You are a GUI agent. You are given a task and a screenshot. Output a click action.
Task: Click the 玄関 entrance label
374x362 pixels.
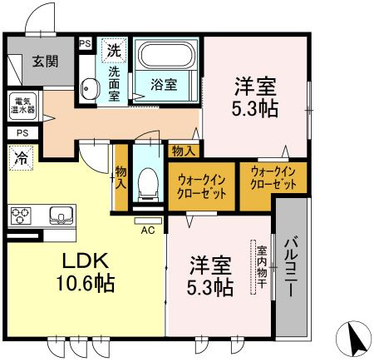coord(45,61)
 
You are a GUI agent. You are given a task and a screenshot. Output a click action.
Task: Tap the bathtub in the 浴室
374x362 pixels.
coord(166,54)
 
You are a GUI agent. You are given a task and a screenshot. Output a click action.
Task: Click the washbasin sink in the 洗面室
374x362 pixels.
coord(90,88)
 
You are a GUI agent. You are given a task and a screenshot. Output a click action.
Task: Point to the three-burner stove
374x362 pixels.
coord(21,216)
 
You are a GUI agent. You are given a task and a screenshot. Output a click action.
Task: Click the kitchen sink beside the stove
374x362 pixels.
coord(62,216)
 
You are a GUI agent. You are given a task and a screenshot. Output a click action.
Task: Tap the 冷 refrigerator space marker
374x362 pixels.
coord(21,157)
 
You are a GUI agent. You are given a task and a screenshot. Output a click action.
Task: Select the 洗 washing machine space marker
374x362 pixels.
coord(114,51)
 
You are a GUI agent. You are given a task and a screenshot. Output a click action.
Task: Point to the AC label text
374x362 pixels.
coord(148,231)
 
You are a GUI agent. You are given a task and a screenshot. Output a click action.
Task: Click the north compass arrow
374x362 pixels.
coord(354,340)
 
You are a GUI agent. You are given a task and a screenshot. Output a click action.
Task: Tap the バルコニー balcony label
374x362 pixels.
coord(291,266)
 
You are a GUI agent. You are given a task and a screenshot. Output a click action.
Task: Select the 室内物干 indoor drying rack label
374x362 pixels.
coord(262,267)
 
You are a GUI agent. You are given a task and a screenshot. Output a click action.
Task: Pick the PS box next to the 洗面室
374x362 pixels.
coord(85,44)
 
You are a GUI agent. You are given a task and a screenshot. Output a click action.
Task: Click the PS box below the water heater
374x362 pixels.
coord(22,133)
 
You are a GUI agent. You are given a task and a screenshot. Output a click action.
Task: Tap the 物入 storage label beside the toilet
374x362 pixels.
coord(121,177)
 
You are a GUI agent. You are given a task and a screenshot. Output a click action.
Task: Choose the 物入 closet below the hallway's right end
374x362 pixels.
coord(184,151)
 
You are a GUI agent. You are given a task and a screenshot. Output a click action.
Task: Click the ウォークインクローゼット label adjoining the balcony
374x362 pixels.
coord(273,178)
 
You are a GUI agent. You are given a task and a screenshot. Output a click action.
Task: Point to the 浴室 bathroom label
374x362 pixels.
coord(164,85)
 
